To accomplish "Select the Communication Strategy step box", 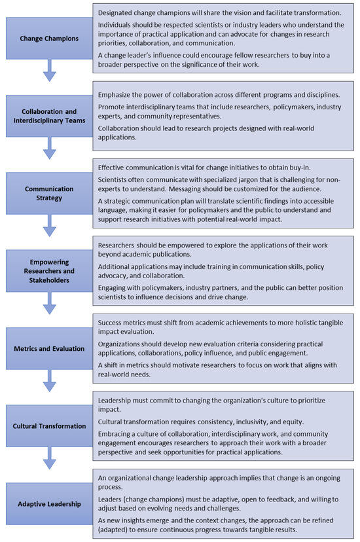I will pyautogui.click(x=49, y=193).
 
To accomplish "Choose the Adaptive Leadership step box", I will pyautogui.click(x=49, y=504).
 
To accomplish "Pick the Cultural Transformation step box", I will pyautogui.click(x=49, y=425).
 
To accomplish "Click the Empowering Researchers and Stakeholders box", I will pyautogui.click(x=49, y=271).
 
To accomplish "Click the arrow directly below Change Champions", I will pyautogui.click(x=49, y=72).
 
